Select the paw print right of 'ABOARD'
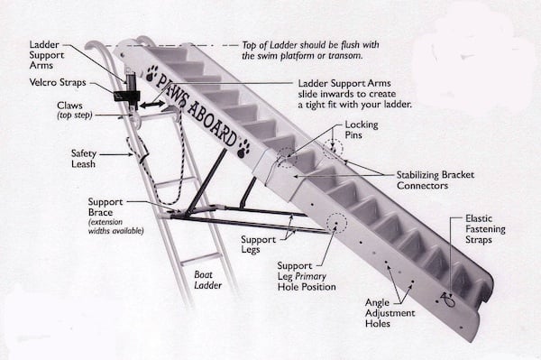[x=243, y=147]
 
